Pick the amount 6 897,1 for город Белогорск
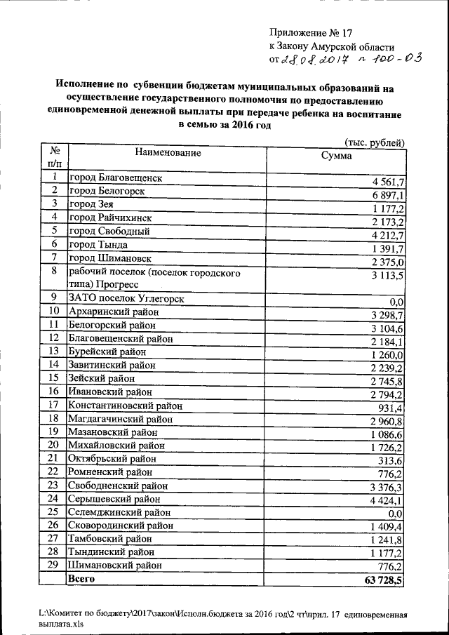(387, 194)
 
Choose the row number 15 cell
(53, 377)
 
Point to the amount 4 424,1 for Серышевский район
(387, 501)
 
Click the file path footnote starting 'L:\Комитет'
(223, 617)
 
